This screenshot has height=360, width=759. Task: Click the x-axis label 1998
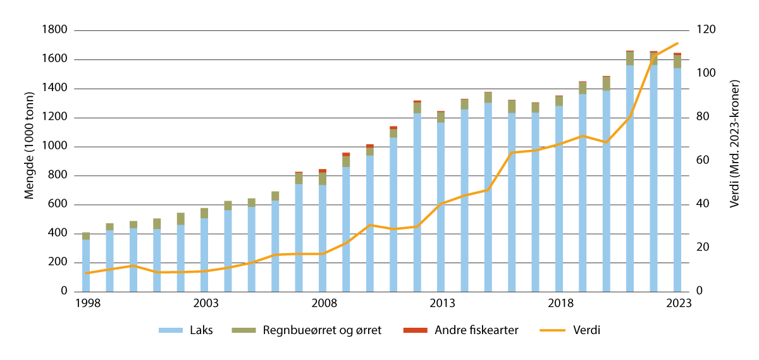coord(86,304)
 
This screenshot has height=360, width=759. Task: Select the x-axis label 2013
coord(441,304)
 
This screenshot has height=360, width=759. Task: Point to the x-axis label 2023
coord(677,304)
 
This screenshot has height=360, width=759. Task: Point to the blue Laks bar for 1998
coord(86,266)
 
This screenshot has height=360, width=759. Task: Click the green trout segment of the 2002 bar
coord(181,219)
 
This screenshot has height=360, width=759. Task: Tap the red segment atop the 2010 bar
coord(370,146)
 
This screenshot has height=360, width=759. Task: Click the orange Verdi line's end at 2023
coord(677,43)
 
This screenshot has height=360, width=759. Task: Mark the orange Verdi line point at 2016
coord(512,152)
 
